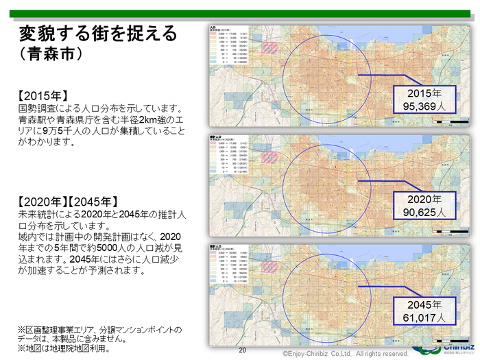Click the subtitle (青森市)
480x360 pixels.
pos(52,53)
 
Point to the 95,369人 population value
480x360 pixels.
pos(424,106)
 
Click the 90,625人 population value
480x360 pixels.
pos(424,212)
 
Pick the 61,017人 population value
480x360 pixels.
pos(424,317)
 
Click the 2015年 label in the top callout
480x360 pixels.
pos(424,93)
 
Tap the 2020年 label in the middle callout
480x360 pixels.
pos(424,199)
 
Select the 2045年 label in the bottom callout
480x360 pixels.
pos(424,304)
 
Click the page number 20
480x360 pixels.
pos(242,350)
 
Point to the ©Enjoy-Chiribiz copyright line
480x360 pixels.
pos(341,354)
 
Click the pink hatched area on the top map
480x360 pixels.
pos(270,49)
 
